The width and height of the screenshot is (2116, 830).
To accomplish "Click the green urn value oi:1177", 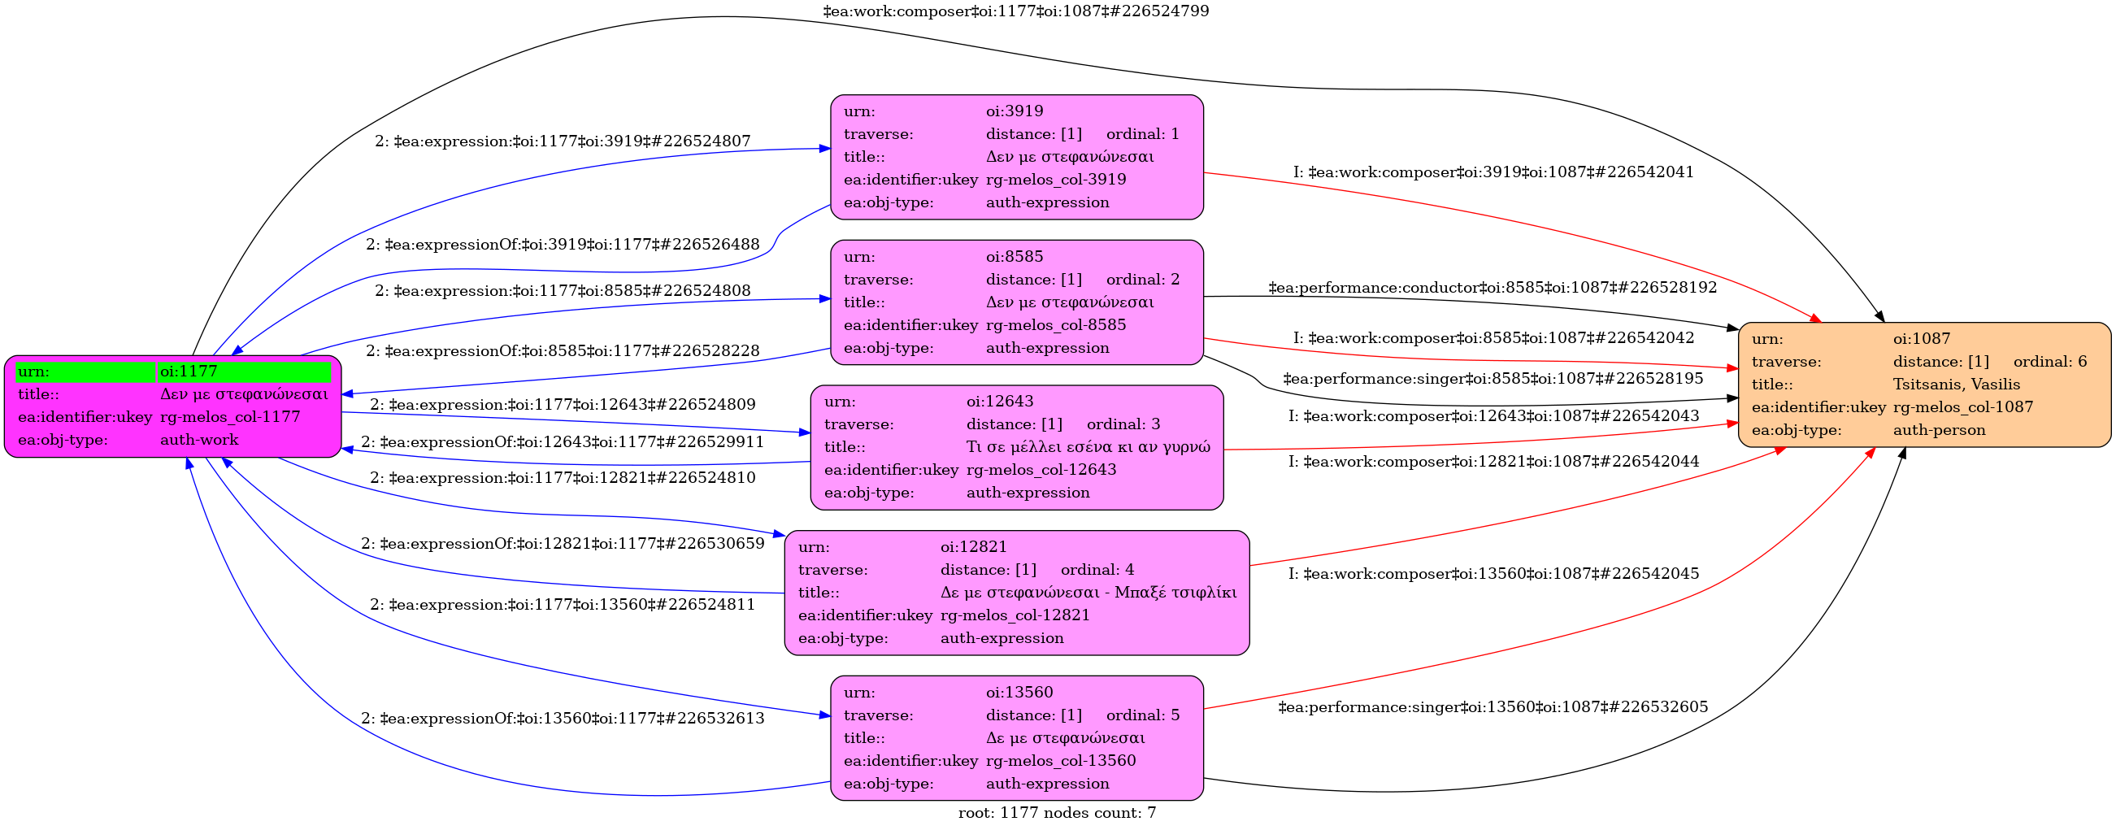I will [x=189, y=372].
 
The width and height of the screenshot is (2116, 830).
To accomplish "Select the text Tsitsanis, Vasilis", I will [x=1956, y=385].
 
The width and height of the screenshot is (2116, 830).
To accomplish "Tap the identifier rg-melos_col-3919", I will [x=1055, y=180].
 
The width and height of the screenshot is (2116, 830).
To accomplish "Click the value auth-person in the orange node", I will [x=1939, y=430].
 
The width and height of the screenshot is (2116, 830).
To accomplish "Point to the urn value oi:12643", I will [x=1000, y=402].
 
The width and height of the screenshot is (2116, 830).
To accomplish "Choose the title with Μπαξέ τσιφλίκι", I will [x=1088, y=593].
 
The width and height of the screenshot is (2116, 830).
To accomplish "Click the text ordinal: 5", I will [x=1142, y=715].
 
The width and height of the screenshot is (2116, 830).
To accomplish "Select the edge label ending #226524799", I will [x=1015, y=11].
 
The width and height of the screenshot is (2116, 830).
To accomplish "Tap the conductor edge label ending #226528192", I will [x=1492, y=288].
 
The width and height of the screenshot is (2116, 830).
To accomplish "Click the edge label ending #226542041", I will [x=1492, y=172].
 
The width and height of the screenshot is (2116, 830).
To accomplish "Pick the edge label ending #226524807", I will [x=563, y=141].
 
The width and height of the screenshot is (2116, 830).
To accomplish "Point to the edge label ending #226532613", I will [x=563, y=719].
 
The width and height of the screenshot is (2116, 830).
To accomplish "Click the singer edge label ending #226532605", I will [x=1492, y=707].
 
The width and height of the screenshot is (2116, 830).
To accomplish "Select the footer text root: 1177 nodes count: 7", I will [x=1056, y=814].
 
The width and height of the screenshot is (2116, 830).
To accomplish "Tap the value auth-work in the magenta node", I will [x=200, y=440].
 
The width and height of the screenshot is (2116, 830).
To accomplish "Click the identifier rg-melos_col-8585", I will [x=1055, y=325].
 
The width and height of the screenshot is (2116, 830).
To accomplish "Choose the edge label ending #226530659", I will [x=563, y=544].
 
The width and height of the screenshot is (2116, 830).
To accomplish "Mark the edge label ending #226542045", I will [x=1492, y=574].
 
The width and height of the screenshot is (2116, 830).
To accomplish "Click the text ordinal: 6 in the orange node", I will [x=2049, y=362].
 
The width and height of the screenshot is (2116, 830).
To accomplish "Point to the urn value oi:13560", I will [x=1019, y=693].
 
